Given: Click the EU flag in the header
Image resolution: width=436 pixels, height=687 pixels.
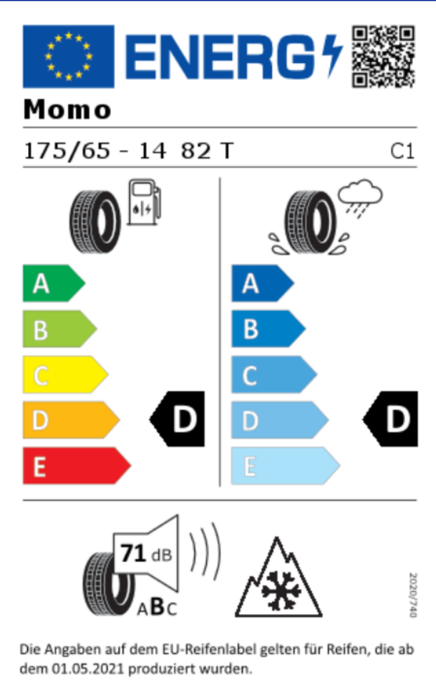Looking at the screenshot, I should tap(68, 56).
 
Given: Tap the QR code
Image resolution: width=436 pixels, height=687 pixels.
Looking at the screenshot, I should tap(383, 56).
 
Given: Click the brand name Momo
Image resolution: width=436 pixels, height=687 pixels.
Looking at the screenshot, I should tap(67, 109).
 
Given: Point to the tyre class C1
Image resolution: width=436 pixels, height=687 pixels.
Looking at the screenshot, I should tap(402, 152).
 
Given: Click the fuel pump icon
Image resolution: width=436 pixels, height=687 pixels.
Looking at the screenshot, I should tap(144, 203).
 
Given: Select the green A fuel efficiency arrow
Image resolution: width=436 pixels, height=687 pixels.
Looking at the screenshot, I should tap(52, 284).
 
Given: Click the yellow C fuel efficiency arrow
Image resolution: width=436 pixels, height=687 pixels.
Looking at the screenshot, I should tap(63, 374).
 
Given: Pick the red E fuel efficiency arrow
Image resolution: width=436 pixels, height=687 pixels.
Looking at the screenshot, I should tap(74, 466).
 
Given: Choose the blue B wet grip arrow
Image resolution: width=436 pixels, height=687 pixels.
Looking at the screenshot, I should tap(266, 329).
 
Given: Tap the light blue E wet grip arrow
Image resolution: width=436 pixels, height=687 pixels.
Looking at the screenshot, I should tap(284, 466).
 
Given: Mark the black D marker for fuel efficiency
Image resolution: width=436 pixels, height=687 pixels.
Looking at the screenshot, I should tap(179, 419).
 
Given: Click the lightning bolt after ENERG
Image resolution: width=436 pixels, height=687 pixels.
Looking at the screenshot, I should tap(332, 56).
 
